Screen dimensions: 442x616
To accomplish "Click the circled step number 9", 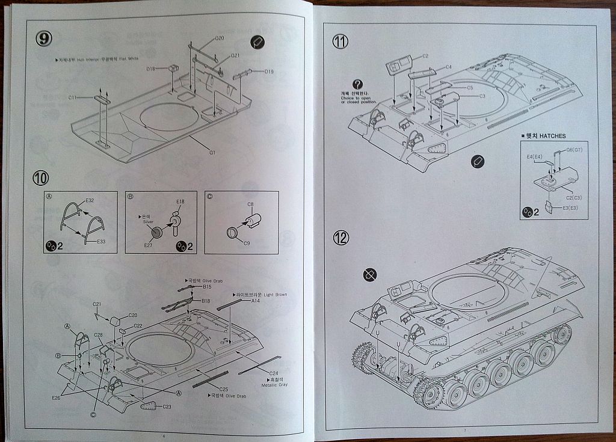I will (x=44, y=38).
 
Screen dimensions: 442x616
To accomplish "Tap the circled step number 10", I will (x=42, y=178).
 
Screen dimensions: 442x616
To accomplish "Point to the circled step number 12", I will (x=341, y=238).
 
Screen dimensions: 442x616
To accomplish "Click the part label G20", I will (x=220, y=38).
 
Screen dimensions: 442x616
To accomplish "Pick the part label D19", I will (x=269, y=72).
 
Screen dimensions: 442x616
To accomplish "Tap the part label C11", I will (x=73, y=97).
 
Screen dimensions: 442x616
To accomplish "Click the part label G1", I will (x=212, y=152).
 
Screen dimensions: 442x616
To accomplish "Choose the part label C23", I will (x=167, y=407).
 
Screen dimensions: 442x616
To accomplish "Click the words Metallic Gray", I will (x=275, y=384).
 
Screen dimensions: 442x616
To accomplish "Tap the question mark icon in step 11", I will (x=358, y=84).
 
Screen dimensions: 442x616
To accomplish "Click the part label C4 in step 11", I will (x=448, y=67).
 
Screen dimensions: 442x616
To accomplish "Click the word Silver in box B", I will (x=148, y=222).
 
